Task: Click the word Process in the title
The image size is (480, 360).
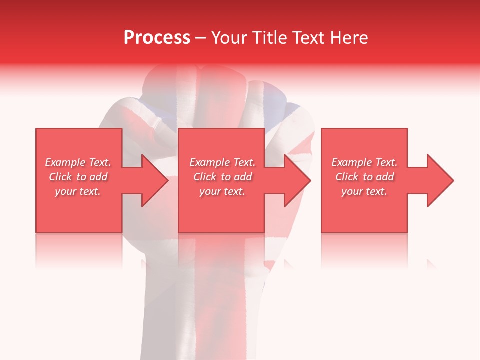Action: (157, 38)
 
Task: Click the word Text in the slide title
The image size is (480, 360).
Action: (307, 38)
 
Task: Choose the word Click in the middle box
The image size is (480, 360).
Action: (204, 177)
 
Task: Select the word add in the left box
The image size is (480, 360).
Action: (98, 177)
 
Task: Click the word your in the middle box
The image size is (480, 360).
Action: (210, 192)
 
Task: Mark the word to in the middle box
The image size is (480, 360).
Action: (226, 177)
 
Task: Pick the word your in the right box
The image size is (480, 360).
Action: (352, 192)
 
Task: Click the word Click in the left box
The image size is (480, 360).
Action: (59, 177)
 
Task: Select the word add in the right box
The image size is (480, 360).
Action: (385, 177)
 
